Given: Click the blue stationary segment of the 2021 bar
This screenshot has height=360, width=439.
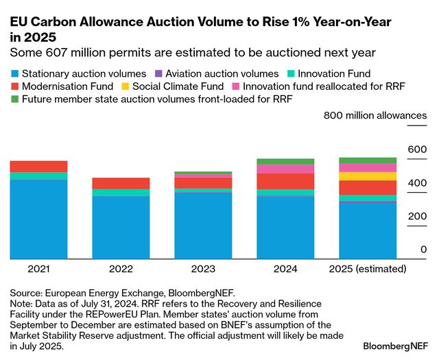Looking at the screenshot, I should coord(38,219).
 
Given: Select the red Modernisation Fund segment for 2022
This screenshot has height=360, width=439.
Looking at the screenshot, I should coord(121,183).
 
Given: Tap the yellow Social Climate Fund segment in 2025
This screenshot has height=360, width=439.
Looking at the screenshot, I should coord(368,176).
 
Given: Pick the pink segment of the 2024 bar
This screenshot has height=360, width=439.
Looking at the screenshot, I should coord(285,169).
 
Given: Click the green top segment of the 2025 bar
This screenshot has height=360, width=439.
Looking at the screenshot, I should coord(368,160).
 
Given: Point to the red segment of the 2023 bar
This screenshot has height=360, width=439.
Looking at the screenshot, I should coord(203,183).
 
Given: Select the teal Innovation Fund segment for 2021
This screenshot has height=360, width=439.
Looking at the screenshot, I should coord(38,176).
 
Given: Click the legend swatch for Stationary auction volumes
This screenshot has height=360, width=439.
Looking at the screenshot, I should coord(15,73).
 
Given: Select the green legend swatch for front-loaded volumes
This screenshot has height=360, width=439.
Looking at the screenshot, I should coord(15,99).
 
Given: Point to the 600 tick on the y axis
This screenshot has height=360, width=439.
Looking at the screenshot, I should coord(416,149).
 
